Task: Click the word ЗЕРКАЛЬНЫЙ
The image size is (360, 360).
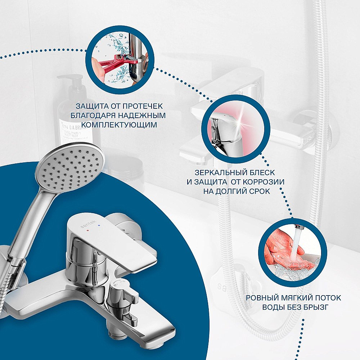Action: [215, 172]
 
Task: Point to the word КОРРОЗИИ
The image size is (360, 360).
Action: [264, 182]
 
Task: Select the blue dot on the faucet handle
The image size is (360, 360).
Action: [99, 224]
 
